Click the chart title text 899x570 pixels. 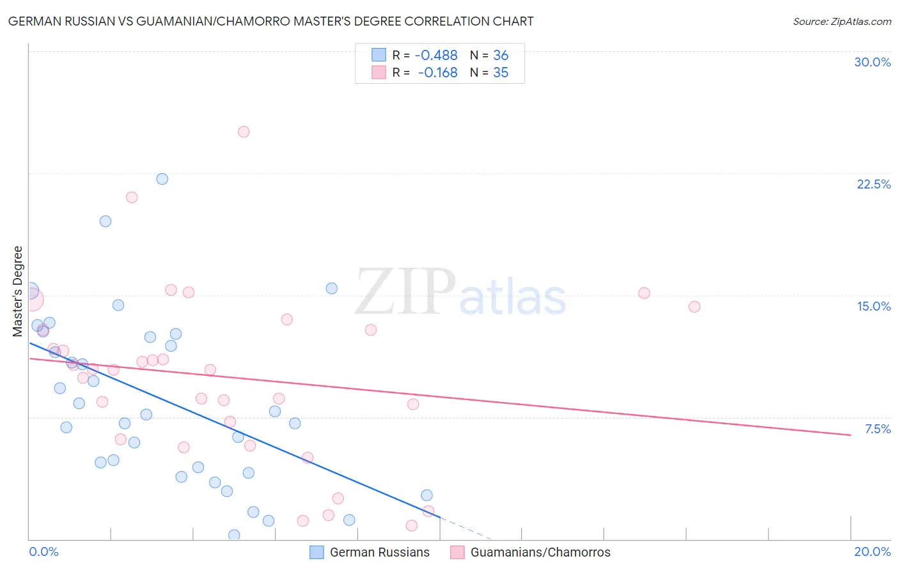pyautogui.click(x=270, y=21)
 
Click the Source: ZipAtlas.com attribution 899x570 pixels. pyautogui.click(x=841, y=22)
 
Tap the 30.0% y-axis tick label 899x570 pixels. pyautogui.click(x=872, y=62)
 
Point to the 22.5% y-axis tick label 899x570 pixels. pyautogui.click(x=873, y=184)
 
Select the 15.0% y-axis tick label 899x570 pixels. pyautogui.click(x=873, y=306)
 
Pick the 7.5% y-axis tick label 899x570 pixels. pyautogui.click(x=877, y=429)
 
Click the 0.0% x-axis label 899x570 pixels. pyautogui.click(x=43, y=551)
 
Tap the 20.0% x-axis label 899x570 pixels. pyautogui.click(x=872, y=551)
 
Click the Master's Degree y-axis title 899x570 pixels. pyautogui.click(x=18, y=291)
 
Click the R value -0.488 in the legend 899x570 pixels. pyautogui.click(x=436, y=56)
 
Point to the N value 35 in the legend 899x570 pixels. pyautogui.click(x=501, y=73)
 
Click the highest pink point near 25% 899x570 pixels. pyautogui.click(x=244, y=132)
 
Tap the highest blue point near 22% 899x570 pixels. pyautogui.click(x=162, y=179)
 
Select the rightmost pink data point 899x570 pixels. pyautogui.click(x=694, y=307)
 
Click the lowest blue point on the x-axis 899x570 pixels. pyautogui.click(x=234, y=535)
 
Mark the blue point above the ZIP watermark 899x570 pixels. pyautogui.click(x=331, y=288)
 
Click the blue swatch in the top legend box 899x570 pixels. pyautogui.click(x=379, y=55)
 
